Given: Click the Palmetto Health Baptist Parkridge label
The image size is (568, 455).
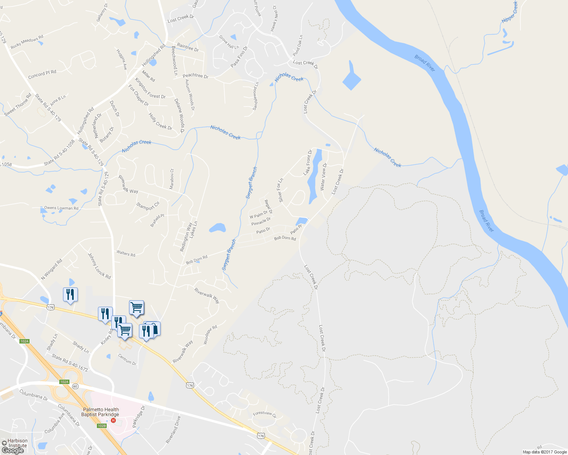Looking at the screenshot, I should click(x=100, y=412).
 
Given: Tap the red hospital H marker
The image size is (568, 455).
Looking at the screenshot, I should click(x=113, y=420).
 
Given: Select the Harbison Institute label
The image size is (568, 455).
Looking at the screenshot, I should click(x=17, y=443).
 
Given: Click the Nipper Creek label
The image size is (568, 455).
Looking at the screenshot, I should click(x=510, y=12).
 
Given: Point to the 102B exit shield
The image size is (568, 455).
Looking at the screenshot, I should click(x=101, y=426).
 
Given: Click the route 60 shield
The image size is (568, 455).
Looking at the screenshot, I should click(x=75, y=386).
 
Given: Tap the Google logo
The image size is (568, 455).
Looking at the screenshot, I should click(x=13, y=450).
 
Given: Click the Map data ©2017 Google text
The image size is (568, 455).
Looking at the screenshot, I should click(x=544, y=452).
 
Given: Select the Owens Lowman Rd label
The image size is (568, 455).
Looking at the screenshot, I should click(x=61, y=208).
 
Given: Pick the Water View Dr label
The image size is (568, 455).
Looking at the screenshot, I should click(x=323, y=177).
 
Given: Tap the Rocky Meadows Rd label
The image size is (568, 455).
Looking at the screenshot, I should click(x=27, y=42).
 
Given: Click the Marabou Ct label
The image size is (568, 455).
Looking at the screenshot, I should click(x=172, y=179).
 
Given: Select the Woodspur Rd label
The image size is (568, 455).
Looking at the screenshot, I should click(x=210, y=334).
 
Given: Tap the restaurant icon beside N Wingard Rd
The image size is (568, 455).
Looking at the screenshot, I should click(x=70, y=295).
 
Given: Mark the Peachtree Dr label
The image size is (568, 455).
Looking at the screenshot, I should click(x=196, y=76).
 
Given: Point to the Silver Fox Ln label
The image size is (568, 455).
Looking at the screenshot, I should click(x=281, y=190).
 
